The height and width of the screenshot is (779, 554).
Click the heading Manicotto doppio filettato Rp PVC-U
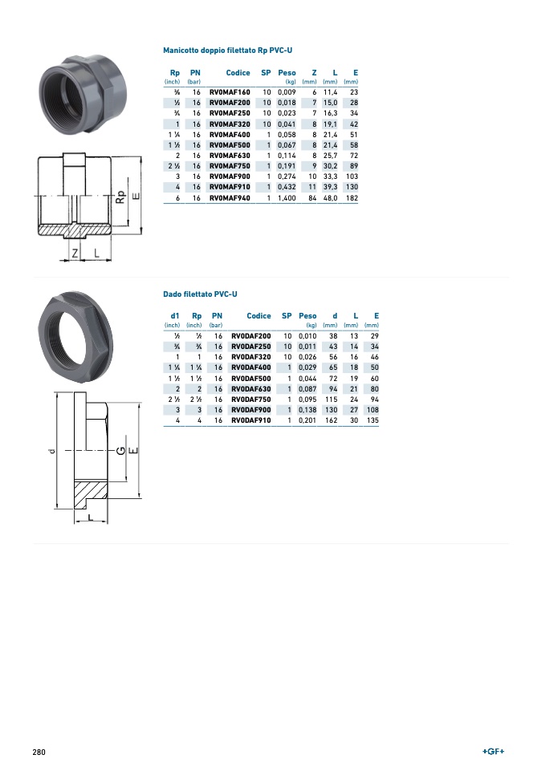(228, 51)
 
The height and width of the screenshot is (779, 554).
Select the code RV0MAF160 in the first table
(230, 92)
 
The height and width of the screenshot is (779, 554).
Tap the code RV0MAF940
(230, 197)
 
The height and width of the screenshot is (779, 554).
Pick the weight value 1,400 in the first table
(287, 197)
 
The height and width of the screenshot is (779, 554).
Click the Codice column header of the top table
(238, 72)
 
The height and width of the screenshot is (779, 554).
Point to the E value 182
(352, 197)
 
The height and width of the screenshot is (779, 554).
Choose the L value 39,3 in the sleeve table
(330, 187)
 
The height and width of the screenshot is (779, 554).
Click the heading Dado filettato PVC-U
(201, 294)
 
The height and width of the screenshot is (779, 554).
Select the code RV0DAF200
(251, 336)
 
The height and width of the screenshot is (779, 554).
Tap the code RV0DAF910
(251, 420)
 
